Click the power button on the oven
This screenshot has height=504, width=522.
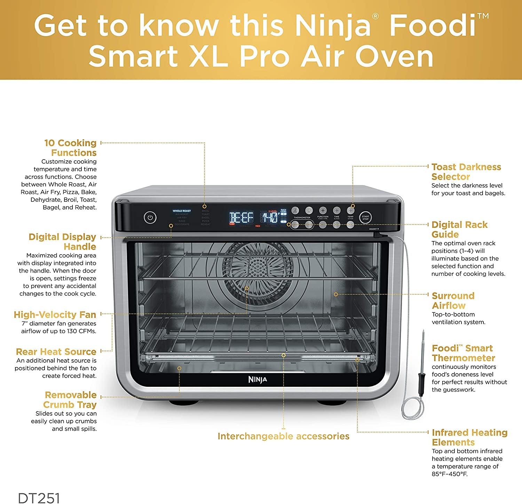coord(150,218)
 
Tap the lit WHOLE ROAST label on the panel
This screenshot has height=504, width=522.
coord(182,211)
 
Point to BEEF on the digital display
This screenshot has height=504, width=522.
coord(241,218)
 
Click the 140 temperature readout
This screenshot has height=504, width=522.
coord(270,218)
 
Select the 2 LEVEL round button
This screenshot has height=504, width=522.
coord(295,210)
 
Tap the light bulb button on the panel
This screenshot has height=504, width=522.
coord(309,210)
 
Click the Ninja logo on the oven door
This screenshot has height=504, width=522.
coord(258,379)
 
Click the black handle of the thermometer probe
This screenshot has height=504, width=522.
coord(421,384)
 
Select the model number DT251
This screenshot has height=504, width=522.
coord(39,498)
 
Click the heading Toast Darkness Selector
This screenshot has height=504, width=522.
coord(466,172)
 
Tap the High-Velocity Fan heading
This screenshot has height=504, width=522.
coord(55,315)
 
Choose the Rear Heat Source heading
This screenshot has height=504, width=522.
coord(56,352)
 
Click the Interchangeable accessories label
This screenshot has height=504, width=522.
coord(283,436)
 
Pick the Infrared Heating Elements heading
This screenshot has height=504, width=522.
coord(469,438)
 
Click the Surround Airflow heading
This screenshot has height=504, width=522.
coord(453,301)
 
